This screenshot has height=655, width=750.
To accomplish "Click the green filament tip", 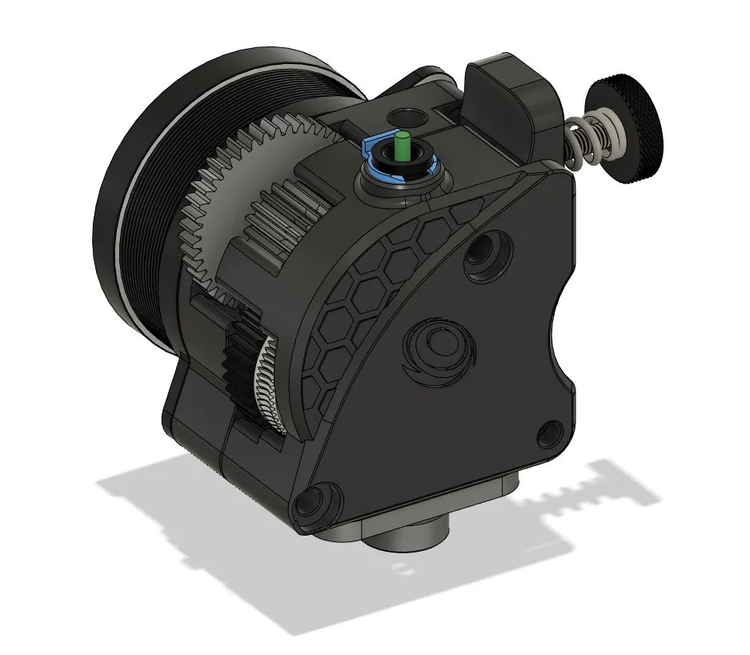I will pos(402,141).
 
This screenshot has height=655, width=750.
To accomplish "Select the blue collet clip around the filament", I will pos(371,149).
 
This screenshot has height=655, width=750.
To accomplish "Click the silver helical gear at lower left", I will pos(265,384).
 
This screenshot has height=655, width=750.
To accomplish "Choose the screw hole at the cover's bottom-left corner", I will pos(311,502).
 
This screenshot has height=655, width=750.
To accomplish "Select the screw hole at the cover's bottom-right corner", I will pos(548,433).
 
